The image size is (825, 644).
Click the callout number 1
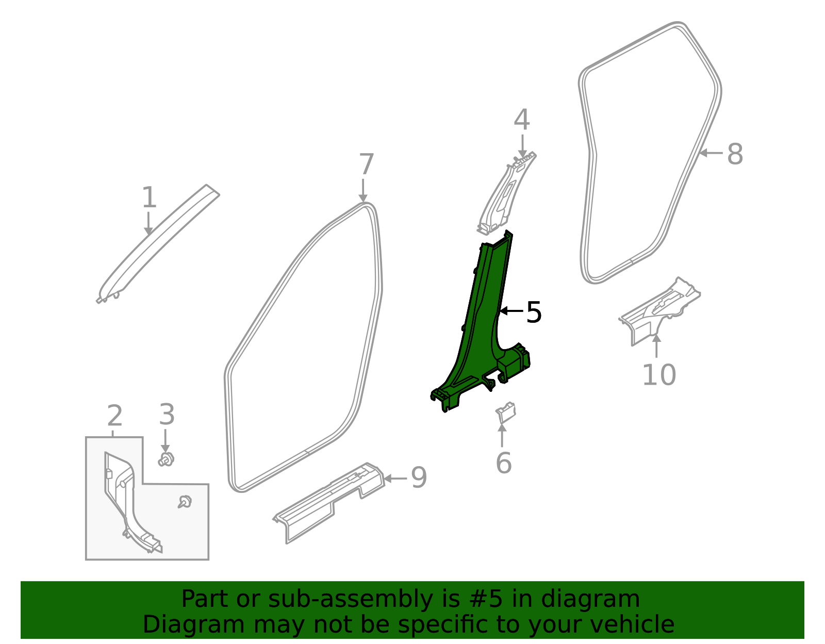click(x=149, y=198)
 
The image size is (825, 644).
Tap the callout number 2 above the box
click(x=114, y=416)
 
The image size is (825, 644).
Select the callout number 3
click(x=167, y=415)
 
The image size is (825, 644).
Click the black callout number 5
click(x=534, y=312)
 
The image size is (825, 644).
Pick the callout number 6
click(x=503, y=463)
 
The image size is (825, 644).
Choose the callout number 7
click(x=366, y=165)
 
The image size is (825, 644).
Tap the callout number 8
click(x=735, y=154)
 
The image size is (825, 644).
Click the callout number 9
click(x=419, y=477)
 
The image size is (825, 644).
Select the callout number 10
click(x=658, y=374)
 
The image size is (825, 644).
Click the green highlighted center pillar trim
click(x=480, y=330)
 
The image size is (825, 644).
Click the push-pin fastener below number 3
click(x=166, y=458)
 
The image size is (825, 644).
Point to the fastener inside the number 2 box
click(x=185, y=501)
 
